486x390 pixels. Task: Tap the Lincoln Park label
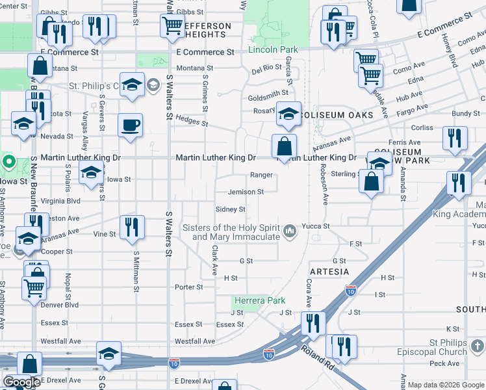pos(273,49)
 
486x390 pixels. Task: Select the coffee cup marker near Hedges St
pos(131,125)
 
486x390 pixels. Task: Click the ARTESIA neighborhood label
pos(329,271)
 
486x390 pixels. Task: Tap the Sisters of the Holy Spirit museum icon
pos(290,229)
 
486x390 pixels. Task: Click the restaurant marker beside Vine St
pos(133,227)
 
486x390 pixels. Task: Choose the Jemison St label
pos(246,192)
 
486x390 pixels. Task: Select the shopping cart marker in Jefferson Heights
pos(172,26)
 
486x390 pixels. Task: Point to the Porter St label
pos(189,287)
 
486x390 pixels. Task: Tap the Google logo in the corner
pos(21,382)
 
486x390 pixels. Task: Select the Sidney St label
pos(231,209)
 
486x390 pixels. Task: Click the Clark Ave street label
pos(214,259)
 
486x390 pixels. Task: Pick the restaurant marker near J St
pos(313,323)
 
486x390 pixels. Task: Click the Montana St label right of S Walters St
pos(190,68)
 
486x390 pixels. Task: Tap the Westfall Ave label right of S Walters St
pos(195,341)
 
